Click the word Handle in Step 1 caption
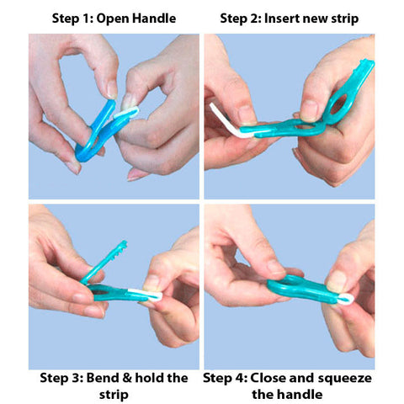pos(154,19)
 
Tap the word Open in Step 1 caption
pos(113,19)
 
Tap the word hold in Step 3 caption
pos(149,378)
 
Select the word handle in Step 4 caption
pos(303,394)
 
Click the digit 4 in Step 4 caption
pos(241,378)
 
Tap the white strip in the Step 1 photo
pos(126,112)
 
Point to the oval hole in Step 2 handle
pos(339,104)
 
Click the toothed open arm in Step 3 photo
pos(104,262)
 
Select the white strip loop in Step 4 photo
pos(346,299)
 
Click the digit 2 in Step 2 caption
pos(257,19)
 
